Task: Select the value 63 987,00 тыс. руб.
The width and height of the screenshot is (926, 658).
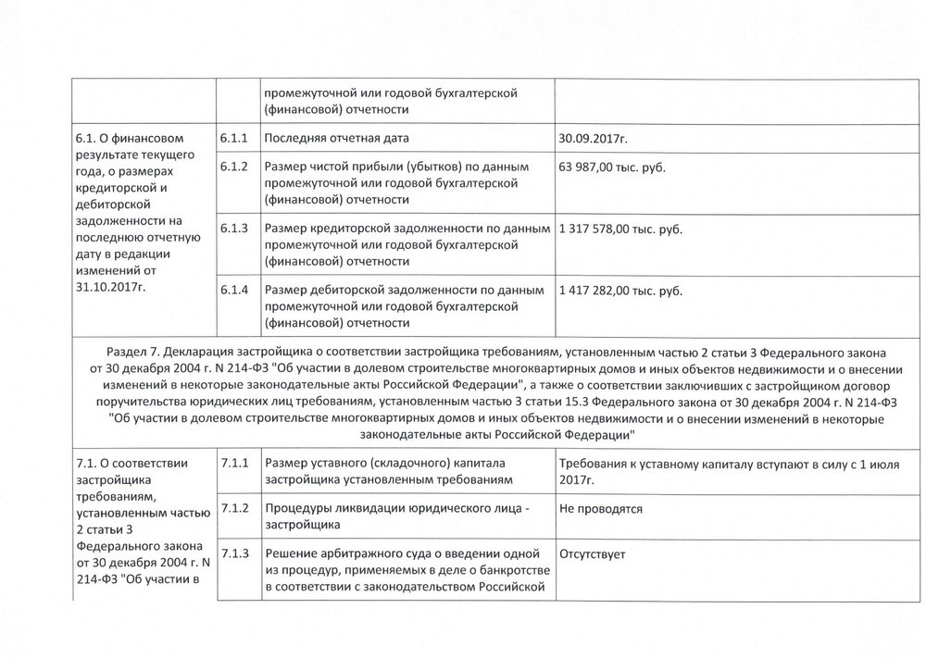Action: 612,168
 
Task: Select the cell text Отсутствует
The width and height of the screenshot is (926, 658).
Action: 593,553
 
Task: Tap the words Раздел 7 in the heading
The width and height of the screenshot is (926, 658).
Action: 133,353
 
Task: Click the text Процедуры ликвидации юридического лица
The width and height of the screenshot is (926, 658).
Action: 392,509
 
